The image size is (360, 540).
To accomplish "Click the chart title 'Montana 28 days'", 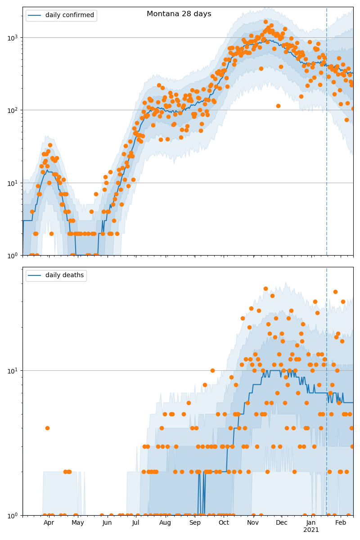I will (x=179, y=14).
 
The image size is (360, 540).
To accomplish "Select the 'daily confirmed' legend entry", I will (x=69, y=15).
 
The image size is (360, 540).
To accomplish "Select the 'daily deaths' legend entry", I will (x=64, y=275).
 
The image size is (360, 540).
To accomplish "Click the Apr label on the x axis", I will (x=49, y=523).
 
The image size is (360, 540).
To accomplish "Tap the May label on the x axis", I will (x=78, y=523).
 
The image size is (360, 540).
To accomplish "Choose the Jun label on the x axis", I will (x=107, y=523).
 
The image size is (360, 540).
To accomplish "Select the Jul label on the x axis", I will (x=136, y=523).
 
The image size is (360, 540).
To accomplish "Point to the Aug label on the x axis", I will (x=165, y=523).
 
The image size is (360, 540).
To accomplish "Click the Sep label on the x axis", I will (x=195, y=523).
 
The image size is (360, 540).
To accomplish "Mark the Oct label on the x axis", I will (x=224, y=523).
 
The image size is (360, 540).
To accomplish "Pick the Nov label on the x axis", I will (x=253, y=523).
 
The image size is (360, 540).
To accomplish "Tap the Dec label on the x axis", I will (x=282, y=523).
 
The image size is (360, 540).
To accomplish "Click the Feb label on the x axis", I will (x=341, y=523).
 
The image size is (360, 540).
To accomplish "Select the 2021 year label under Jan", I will (x=311, y=530).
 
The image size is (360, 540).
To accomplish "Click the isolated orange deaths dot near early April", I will (x=47, y=428).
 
